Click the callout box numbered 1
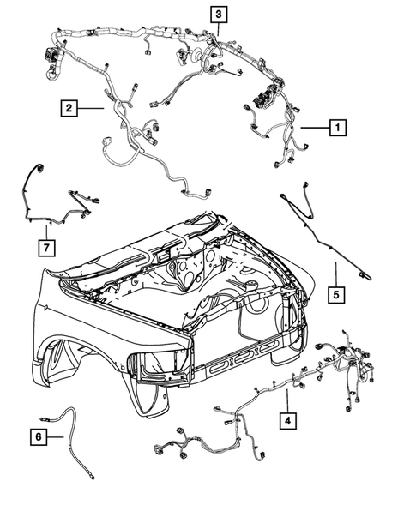click(x=338, y=128)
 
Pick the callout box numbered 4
click(x=288, y=420)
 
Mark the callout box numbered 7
click(x=47, y=248)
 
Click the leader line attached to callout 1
click(x=314, y=128)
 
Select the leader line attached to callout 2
click(x=93, y=108)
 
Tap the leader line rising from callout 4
click(x=288, y=400)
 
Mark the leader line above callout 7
click(x=47, y=231)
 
